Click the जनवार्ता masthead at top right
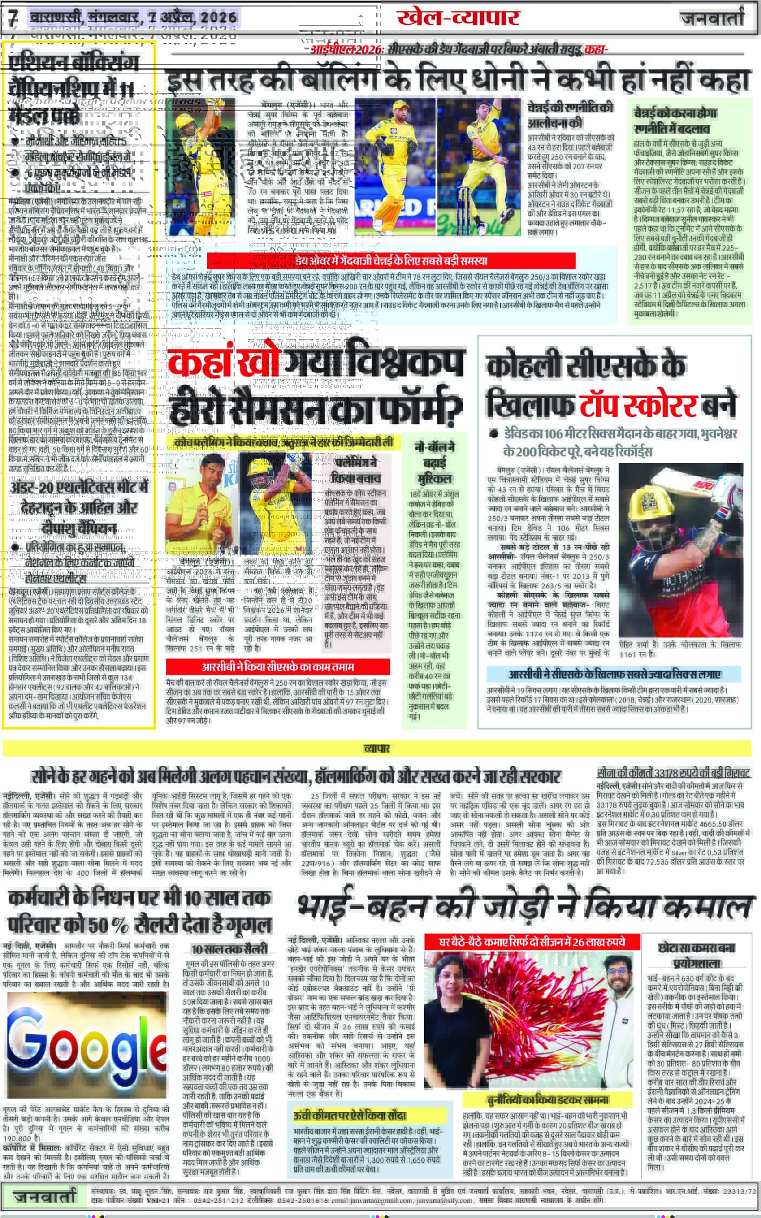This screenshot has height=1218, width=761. pos(712,19)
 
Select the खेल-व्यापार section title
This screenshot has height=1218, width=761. pos(458,18)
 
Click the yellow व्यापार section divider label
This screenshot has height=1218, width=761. pos(376,749)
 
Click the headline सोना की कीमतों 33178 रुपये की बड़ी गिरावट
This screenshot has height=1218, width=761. pos(672,771)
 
